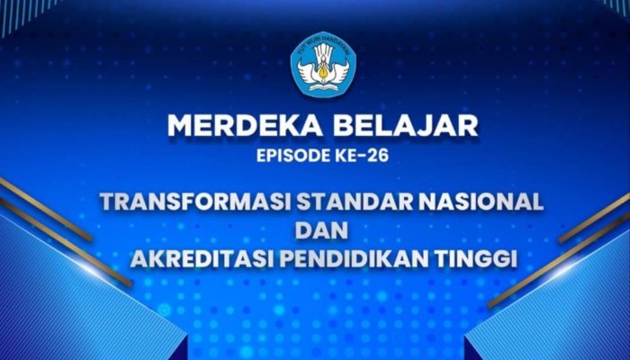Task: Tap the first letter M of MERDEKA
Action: tap(180, 126)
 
